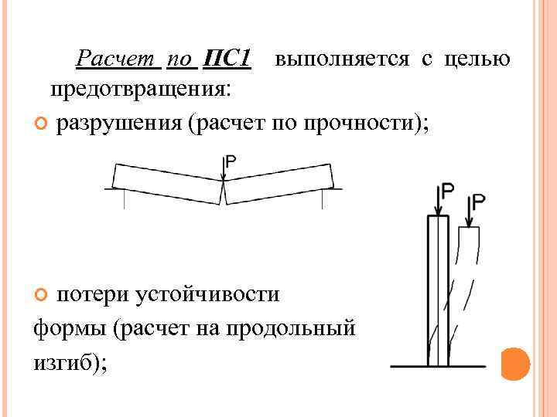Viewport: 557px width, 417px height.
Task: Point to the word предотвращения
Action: point(139,90)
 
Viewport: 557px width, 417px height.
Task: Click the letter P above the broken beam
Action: point(231,162)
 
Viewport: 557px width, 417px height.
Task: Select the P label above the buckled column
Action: point(480,202)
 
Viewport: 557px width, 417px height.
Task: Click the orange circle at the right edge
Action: point(514,364)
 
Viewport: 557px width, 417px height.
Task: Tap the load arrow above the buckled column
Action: point(467,212)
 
